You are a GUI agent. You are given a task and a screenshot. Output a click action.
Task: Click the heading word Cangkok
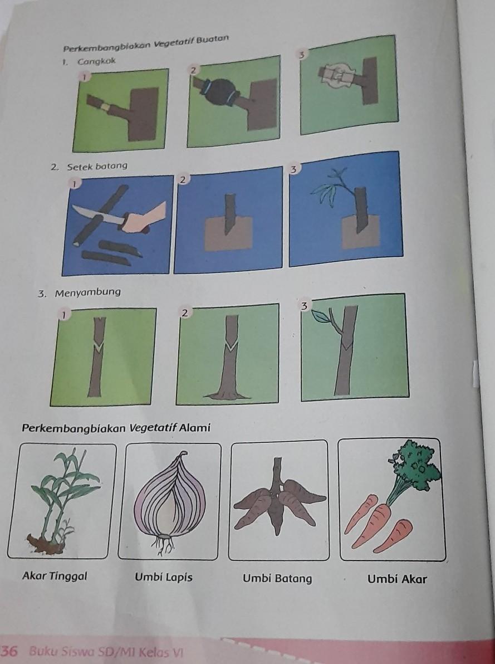(96, 62)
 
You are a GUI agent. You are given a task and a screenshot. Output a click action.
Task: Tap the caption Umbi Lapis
(164, 577)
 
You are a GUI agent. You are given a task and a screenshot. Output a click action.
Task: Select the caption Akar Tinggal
(55, 576)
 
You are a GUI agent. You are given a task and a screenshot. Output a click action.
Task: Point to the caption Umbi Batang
(277, 578)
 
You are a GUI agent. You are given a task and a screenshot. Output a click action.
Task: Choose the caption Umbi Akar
(397, 579)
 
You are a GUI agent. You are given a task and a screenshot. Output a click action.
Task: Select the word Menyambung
(87, 292)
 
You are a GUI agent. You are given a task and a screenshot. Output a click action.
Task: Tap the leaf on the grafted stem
(321, 316)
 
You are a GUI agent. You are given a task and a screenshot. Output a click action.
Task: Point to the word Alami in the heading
(195, 428)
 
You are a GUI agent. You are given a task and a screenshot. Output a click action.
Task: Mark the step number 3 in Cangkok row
(301, 55)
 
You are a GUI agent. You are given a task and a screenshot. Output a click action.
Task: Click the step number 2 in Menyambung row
(184, 313)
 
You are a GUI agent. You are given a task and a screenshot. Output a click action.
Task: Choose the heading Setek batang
(97, 166)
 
